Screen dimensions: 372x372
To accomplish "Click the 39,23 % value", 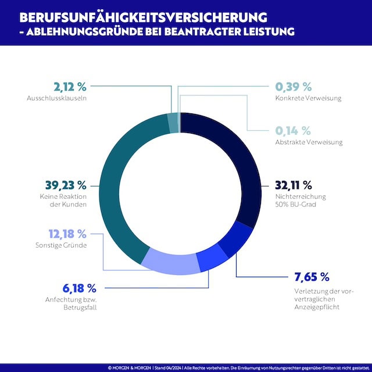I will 65,185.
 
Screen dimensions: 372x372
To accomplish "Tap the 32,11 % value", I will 294,185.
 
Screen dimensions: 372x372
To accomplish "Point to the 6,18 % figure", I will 79,288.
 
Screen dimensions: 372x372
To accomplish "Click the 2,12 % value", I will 70,87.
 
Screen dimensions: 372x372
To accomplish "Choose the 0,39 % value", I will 293,87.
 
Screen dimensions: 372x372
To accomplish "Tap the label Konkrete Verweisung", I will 308,98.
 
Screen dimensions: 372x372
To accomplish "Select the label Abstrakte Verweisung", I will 308,142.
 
